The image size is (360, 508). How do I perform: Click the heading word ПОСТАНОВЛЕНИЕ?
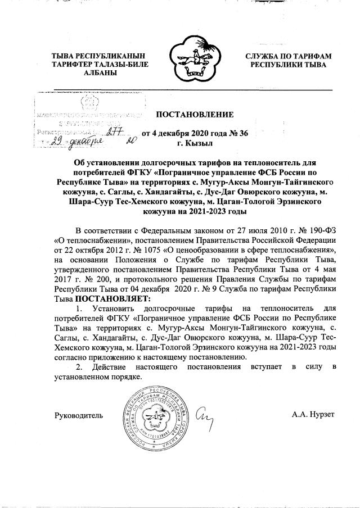pos(194,115)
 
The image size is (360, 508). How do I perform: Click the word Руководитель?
pos(78,415)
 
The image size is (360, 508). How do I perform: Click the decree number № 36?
pos(237,133)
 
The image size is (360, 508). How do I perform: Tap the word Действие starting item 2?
pos(109,366)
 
